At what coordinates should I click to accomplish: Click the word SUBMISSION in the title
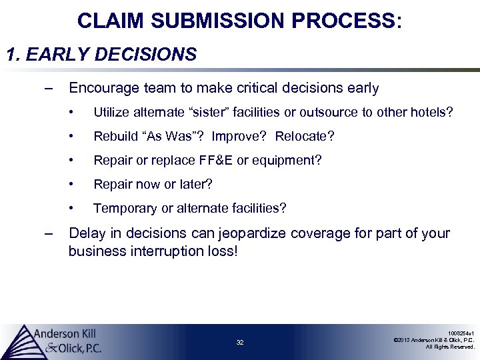click(x=219, y=21)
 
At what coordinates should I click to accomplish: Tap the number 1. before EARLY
click(x=13, y=54)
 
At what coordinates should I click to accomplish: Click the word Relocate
click(x=304, y=137)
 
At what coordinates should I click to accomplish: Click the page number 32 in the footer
click(x=240, y=342)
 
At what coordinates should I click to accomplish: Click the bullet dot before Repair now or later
click(x=79, y=184)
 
